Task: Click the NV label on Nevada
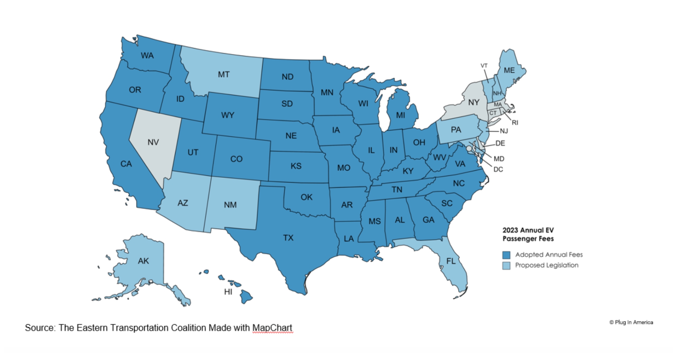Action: [153, 142]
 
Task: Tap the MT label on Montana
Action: [224, 75]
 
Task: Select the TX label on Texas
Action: [288, 238]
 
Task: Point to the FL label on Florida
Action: [451, 261]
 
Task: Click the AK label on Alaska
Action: [143, 261]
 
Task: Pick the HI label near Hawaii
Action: [228, 292]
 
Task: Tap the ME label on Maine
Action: [509, 70]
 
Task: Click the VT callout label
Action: [484, 66]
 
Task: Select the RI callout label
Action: [515, 123]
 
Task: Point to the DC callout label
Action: [498, 169]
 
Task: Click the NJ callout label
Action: [504, 131]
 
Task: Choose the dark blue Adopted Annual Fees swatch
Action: [506, 255]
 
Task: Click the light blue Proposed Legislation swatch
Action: [506, 266]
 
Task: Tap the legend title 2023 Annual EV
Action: [528, 230]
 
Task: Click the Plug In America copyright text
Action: [631, 322]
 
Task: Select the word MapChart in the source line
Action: [272, 328]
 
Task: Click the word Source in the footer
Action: [40, 328]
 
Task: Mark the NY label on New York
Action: [473, 102]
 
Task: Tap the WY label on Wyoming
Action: [228, 115]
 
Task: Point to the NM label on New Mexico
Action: [230, 205]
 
